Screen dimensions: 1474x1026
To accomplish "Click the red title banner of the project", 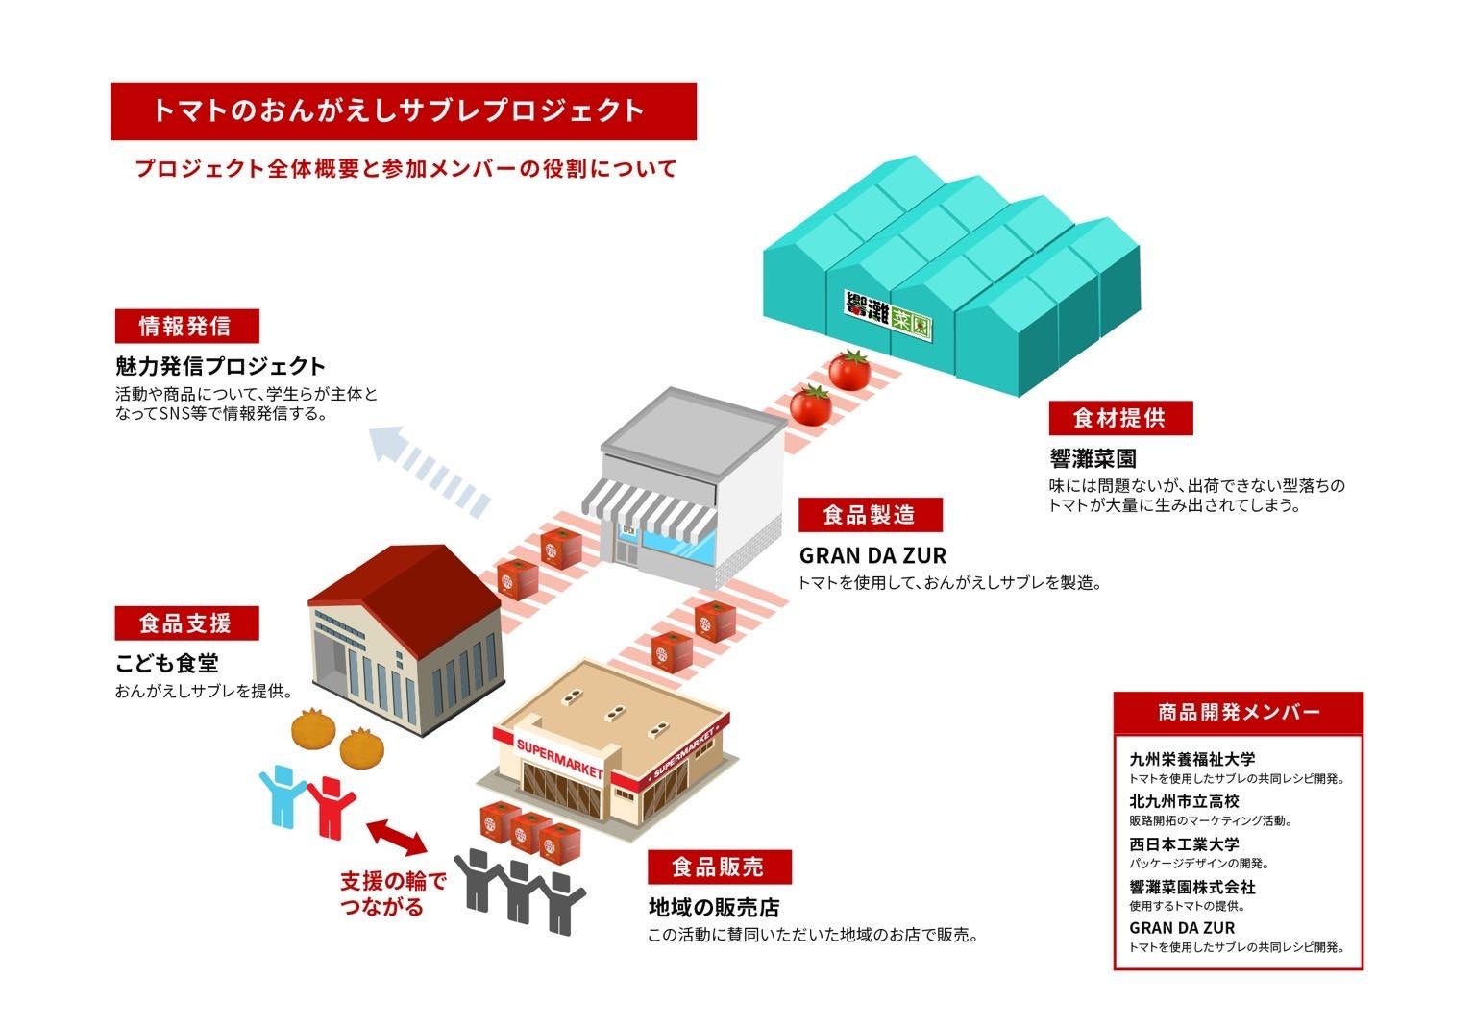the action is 403,110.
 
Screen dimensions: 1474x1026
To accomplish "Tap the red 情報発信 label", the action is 186,326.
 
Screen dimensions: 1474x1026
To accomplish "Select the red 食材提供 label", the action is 1119,418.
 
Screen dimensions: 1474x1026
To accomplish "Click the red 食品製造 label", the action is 870,515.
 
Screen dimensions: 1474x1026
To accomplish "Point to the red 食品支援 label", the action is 186,623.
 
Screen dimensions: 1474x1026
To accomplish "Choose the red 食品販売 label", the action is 719,867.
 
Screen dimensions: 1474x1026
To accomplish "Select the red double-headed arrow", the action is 396,837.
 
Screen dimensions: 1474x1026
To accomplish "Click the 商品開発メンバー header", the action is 1238,712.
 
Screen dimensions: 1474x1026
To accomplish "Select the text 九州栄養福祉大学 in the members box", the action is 1191,759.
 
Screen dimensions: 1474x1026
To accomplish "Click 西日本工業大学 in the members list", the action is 1184,845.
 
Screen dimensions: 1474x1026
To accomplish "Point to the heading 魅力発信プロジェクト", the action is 220,366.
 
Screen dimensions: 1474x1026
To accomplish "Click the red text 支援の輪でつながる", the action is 393,893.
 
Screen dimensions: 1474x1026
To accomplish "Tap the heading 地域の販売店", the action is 713,907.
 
